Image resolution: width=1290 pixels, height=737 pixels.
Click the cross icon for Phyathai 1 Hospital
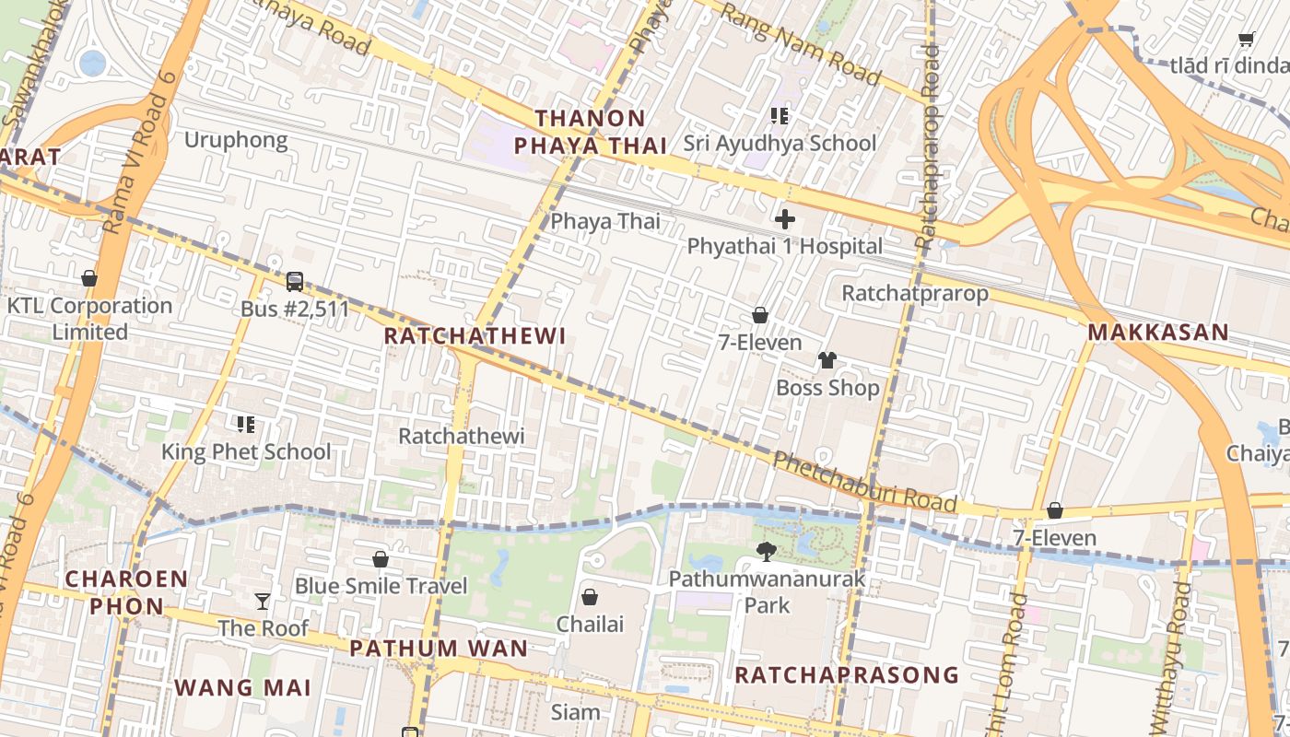[785, 219]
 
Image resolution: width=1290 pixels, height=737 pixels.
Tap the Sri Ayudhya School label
[780, 144]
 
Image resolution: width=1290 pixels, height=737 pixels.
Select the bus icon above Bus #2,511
[295, 282]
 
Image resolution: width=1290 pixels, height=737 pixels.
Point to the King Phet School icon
[246, 425]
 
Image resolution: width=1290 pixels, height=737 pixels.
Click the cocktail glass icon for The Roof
[263, 602]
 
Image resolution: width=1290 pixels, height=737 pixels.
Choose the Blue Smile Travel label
[381, 586]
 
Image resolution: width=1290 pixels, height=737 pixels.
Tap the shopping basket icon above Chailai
[590, 597]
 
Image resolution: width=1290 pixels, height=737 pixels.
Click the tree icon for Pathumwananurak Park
[766, 552]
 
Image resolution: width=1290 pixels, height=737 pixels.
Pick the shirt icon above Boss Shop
[827, 360]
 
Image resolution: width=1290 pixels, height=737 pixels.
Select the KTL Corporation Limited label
[89, 319]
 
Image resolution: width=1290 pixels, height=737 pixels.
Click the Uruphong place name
[236, 140]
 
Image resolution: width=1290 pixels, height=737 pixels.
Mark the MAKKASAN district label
[1158, 333]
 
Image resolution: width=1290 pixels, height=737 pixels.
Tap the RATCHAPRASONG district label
[846, 675]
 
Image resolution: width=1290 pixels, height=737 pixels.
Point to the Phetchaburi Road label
[863, 481]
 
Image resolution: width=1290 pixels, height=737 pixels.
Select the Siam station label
[575, 712]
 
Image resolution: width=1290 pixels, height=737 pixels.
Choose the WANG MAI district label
[242, 687]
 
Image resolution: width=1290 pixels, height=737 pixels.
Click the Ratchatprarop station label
[914, 294]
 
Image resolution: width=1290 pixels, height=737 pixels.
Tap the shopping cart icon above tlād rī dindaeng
[1247, 39]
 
